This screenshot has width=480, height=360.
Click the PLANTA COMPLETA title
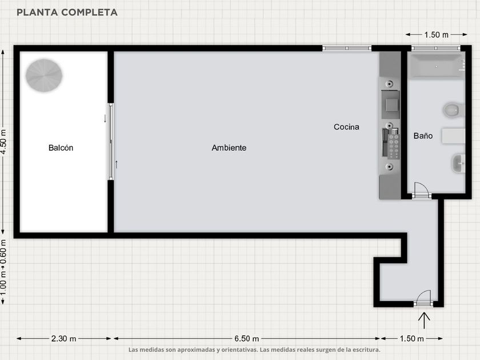tap(67, 12)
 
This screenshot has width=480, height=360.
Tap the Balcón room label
tap(61, 148)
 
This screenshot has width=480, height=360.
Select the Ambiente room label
tap(229, 148)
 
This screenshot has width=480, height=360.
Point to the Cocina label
tap(346, 127)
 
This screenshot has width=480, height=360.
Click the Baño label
tap(423, 135)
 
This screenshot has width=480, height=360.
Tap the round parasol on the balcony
tap(44, 75)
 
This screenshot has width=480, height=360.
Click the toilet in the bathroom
tap(454, 110)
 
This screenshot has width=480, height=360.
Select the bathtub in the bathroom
tap(437, 66)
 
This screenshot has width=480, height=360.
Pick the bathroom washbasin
tap(458, 163)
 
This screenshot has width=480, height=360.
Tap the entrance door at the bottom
tap(424, 298)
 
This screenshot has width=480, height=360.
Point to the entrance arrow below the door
tap(424, 321)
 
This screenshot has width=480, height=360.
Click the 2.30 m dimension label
tap(63, 338)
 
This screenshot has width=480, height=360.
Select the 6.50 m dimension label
tap(247, 338)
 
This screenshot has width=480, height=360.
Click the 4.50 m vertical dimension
tap(3, 142)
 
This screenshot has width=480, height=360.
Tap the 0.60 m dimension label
tap(3, 251)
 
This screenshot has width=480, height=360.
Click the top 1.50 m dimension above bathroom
tap(437, 35)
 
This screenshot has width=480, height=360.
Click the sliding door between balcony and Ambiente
tap(111, 142)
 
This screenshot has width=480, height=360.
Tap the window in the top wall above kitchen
tap(347, 48)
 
